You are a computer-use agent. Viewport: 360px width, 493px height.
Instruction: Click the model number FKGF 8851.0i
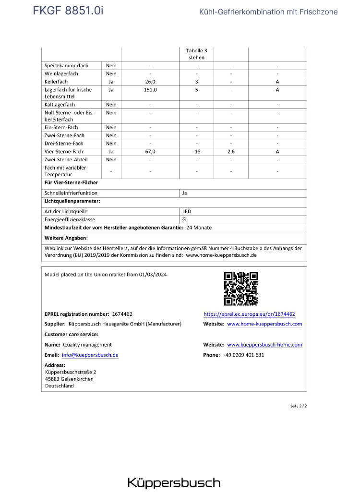pyautogui.click(x=68, y=11)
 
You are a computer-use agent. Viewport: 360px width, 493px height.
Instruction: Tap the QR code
pyautogui.click(x=241, y=289)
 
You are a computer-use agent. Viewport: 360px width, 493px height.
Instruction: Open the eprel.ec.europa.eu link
pyautogui.click(x=249, y=314)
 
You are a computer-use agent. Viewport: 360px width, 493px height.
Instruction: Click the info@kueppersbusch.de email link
pyautogui.click(x=90, y=355)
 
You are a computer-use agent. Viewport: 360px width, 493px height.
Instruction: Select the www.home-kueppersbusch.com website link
pyautogui.click(x=264, y=324)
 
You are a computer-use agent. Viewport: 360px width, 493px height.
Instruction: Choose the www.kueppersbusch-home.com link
pyautogui.click(x=264, y=345)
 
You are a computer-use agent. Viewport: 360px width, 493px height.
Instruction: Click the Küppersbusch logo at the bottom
pyautogui.click(x=174, y=483)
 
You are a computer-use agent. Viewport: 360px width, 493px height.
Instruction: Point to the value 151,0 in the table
pyautogui.click(x=150, y=90)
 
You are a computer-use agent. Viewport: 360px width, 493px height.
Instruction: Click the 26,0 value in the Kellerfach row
pyautogui.click(x=150, y=82)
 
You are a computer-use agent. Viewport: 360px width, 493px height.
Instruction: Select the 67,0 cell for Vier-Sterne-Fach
pyautogui.click(x=150, y=152)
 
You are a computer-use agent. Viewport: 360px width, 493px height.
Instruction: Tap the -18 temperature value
pyautogui.click(x=196, y=152)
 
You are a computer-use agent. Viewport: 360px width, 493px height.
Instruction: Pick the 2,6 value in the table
pyautogui.click(x=231, y=152)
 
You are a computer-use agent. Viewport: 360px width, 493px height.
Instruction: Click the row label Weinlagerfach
pyautogui.click(x=61, y=74)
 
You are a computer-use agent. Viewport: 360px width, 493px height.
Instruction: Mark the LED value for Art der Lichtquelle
pyautogui.click(x=187, y=211)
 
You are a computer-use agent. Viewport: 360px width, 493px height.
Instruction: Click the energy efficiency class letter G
pyautogui.click(x=184, y=220)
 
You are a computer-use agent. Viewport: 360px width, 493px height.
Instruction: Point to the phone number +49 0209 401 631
pyautogui.click(x=243, y=355)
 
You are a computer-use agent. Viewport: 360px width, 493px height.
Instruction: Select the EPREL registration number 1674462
pyautogui.click(x=122, y=314)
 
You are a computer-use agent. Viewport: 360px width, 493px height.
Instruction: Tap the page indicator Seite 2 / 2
pyautogui.click(x=298, y=406)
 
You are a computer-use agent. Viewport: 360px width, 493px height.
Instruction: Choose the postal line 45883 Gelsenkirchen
pyautogui.click(x=69, y=379)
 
